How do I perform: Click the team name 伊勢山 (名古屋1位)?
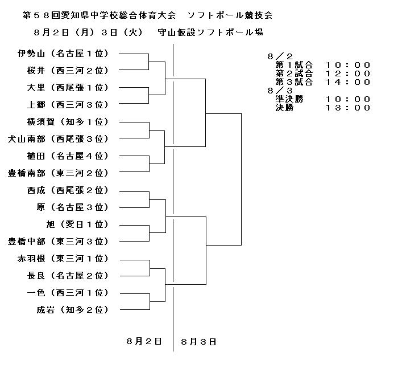[63, 54]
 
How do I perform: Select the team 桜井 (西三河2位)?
[68, 71]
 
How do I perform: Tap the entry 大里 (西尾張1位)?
[68, 88]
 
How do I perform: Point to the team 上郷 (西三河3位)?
[68, 105]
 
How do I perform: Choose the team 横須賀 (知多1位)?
[68, 122]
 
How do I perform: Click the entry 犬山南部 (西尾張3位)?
[59, 139]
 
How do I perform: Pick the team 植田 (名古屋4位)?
[68, 156]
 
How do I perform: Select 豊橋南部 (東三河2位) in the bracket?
[59, 173]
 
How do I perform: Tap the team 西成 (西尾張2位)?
[68, 190]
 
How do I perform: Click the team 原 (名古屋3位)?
[73, 207]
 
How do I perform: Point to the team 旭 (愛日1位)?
[78, 224]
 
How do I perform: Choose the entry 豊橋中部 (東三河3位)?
[59, 242]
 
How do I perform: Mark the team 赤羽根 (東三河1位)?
[63, 259]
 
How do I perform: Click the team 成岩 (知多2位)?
[73, 310]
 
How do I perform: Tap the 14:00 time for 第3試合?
[348, 82]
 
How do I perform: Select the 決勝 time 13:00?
[348, 108]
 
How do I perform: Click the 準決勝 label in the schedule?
[289, 99]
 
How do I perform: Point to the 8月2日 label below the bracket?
[144, 341]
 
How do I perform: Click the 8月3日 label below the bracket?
[199, 342]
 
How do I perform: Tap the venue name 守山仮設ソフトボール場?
[210, 32]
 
